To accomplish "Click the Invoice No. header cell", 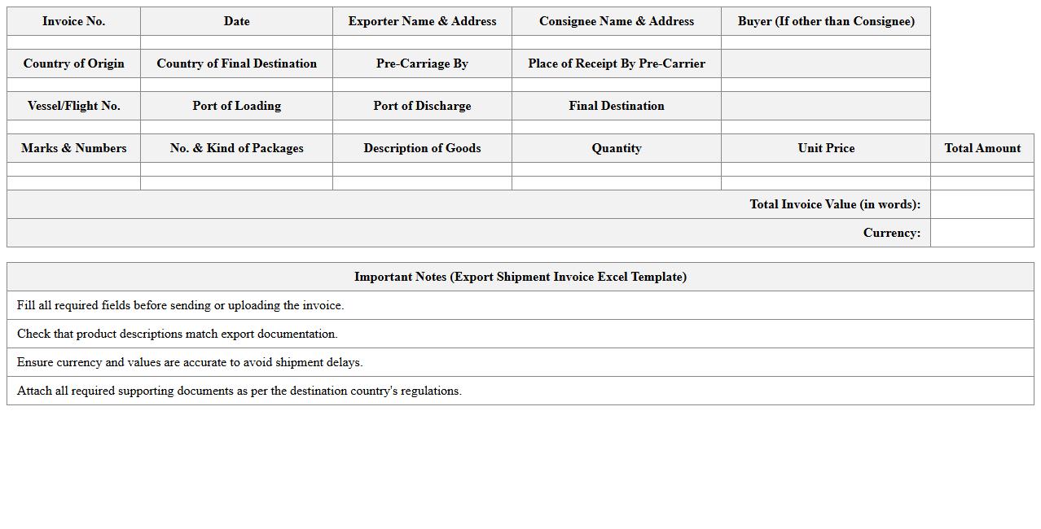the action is click(x=73, y=21).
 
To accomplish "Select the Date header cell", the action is click(x=236, y=21).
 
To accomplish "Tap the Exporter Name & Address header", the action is click(x=422, y=21).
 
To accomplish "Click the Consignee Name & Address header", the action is click(x=617, y=21).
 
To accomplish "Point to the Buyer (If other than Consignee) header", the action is click(x=826, y=21).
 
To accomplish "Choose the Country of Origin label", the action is click(x=73, y=63).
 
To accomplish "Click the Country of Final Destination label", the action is click(x=236, y=63).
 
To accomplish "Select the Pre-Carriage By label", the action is click(x=422, y=63).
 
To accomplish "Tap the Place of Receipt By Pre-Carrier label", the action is click(x=617, y=63).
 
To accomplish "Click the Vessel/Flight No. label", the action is click(x=73, y=106).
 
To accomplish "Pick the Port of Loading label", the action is click(x=236, y=106).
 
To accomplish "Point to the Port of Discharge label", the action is click(x=422, y=106).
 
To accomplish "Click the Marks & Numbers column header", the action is click(x=73, y=148).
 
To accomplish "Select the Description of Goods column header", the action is click(x=422, y=148).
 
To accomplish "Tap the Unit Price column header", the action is click(x=826, y=148).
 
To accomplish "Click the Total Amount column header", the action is click(x=982, y=148).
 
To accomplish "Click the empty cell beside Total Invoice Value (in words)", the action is click(x=982, y=204).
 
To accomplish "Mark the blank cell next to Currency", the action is click(x=982, y=233).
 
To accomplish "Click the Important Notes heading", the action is click(x=520, y=277).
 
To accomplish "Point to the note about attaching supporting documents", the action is click(x=239, y=391).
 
